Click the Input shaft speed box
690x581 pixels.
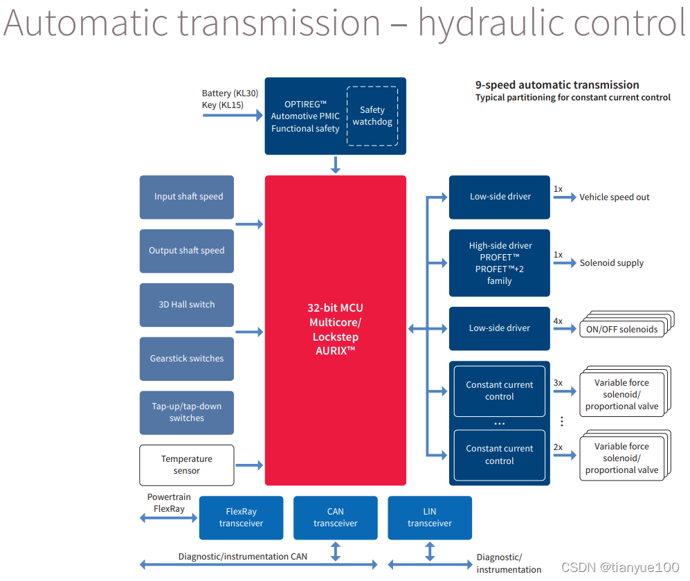tap(187, 197)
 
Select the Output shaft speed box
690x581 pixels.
tap(187, 251)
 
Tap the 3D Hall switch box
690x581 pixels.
tap(187, 305)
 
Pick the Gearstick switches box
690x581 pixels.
tap(187, 359)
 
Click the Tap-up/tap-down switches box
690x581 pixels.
tap(187, 413)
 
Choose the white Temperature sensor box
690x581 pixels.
tap(187, 465)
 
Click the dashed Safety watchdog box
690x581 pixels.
tap(372, 116)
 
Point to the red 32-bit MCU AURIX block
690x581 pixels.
tap(336, 330)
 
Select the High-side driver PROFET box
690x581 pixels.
tap(500, 263)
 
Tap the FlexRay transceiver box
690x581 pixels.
tap(241, 517)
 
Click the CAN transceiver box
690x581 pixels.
tap(336, 517)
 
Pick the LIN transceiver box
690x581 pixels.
tap(430, 517)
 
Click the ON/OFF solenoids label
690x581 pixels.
tap(621, 329)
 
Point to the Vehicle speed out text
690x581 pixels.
tap(615, 197)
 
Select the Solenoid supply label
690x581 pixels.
tap(612, 263)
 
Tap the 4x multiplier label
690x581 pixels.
tap(558, 321)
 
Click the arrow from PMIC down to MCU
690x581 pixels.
tap(336, 165)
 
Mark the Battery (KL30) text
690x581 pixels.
tap(228, 93)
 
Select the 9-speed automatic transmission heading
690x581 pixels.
tap(557, 84)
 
